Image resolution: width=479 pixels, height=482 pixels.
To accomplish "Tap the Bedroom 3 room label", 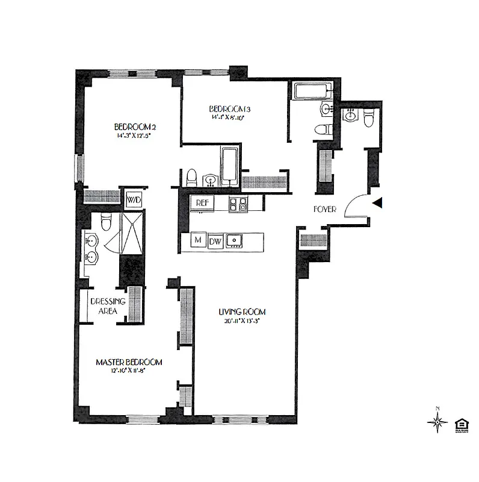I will coord(229,108).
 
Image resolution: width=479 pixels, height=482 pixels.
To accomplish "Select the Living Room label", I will coord(242,311).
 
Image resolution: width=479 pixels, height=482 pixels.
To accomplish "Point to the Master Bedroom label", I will coord(129,362).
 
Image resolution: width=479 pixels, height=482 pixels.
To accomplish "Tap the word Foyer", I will coord(324,210).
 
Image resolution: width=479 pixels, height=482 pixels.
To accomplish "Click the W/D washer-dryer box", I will coord(132,198).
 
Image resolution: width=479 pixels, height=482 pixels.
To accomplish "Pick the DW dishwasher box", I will coord(215,242).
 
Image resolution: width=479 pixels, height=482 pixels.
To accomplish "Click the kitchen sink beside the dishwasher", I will coord(235,241).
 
